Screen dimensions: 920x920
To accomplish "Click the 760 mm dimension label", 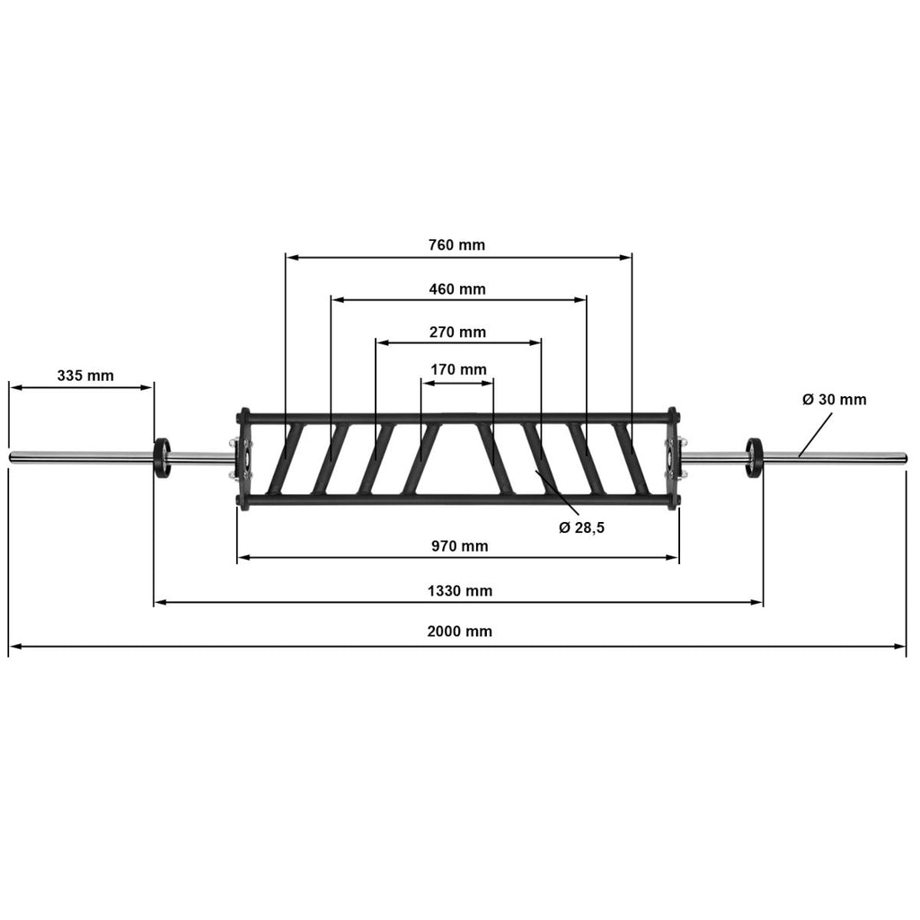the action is coord(456,244).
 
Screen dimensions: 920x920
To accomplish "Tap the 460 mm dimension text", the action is coord(457,289).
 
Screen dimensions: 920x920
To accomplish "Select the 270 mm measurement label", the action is coord(457,332).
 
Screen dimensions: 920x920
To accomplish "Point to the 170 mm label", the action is coord(458,369).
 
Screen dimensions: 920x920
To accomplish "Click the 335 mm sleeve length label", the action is coord(85,376).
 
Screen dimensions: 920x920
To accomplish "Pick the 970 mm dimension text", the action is coord(459,546).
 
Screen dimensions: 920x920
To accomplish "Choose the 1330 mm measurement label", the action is coord(459,591).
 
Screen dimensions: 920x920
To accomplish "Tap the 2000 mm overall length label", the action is coord(459,632).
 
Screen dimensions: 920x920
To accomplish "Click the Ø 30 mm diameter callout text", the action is coord(834,400).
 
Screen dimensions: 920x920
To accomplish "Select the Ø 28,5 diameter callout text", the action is coord(581,528).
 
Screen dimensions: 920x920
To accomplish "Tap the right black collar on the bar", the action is coord(754,457).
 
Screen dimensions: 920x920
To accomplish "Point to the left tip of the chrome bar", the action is coord(9,457).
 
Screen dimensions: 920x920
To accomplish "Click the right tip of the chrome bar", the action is coord(907,457).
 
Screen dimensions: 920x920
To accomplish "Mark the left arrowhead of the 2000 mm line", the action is coord(13,647).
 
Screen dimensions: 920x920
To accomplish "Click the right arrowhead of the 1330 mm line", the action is coord(757,603).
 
